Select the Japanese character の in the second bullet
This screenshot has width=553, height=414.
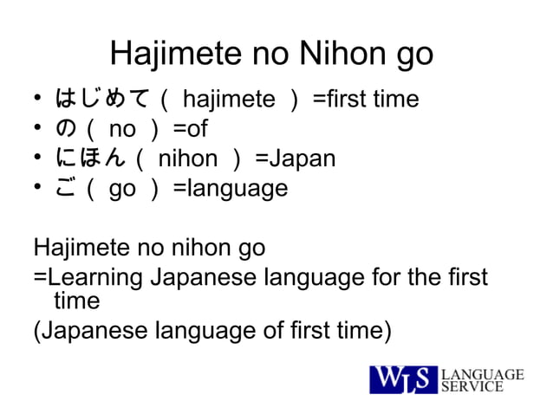pos(66,129)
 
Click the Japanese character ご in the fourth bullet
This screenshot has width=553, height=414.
pos(66,188)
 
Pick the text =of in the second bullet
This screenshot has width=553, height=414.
pos(190,129)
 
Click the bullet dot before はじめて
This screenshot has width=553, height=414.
pos(39,100)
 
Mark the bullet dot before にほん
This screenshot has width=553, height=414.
pos(39,159)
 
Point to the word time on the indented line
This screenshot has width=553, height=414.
pos(77,301)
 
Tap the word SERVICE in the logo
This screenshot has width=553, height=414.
pos(473,387)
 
